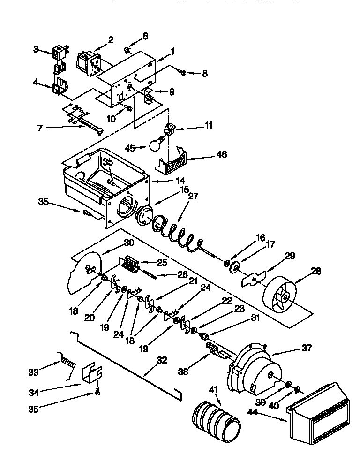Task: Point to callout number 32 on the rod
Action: [162, 360]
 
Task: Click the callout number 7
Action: [40, 128]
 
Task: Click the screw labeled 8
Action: [182, 72]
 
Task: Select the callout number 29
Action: [290, 256]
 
